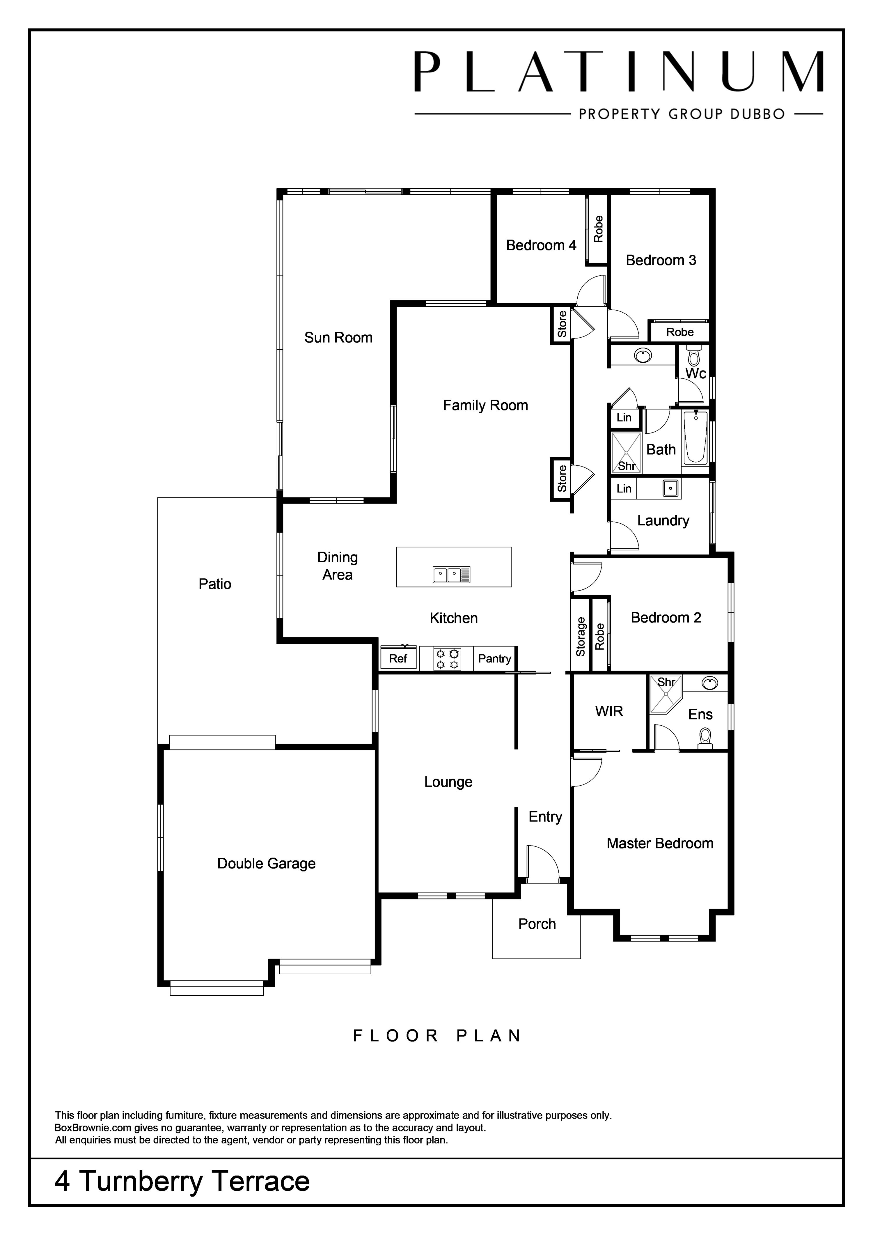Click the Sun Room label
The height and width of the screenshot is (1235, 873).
338,338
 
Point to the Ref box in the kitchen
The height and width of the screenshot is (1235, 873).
398,658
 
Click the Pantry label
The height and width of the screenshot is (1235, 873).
494,659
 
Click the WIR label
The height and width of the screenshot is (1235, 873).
609,712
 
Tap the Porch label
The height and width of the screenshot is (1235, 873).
537,924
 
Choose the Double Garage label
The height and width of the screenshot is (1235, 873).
266,863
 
